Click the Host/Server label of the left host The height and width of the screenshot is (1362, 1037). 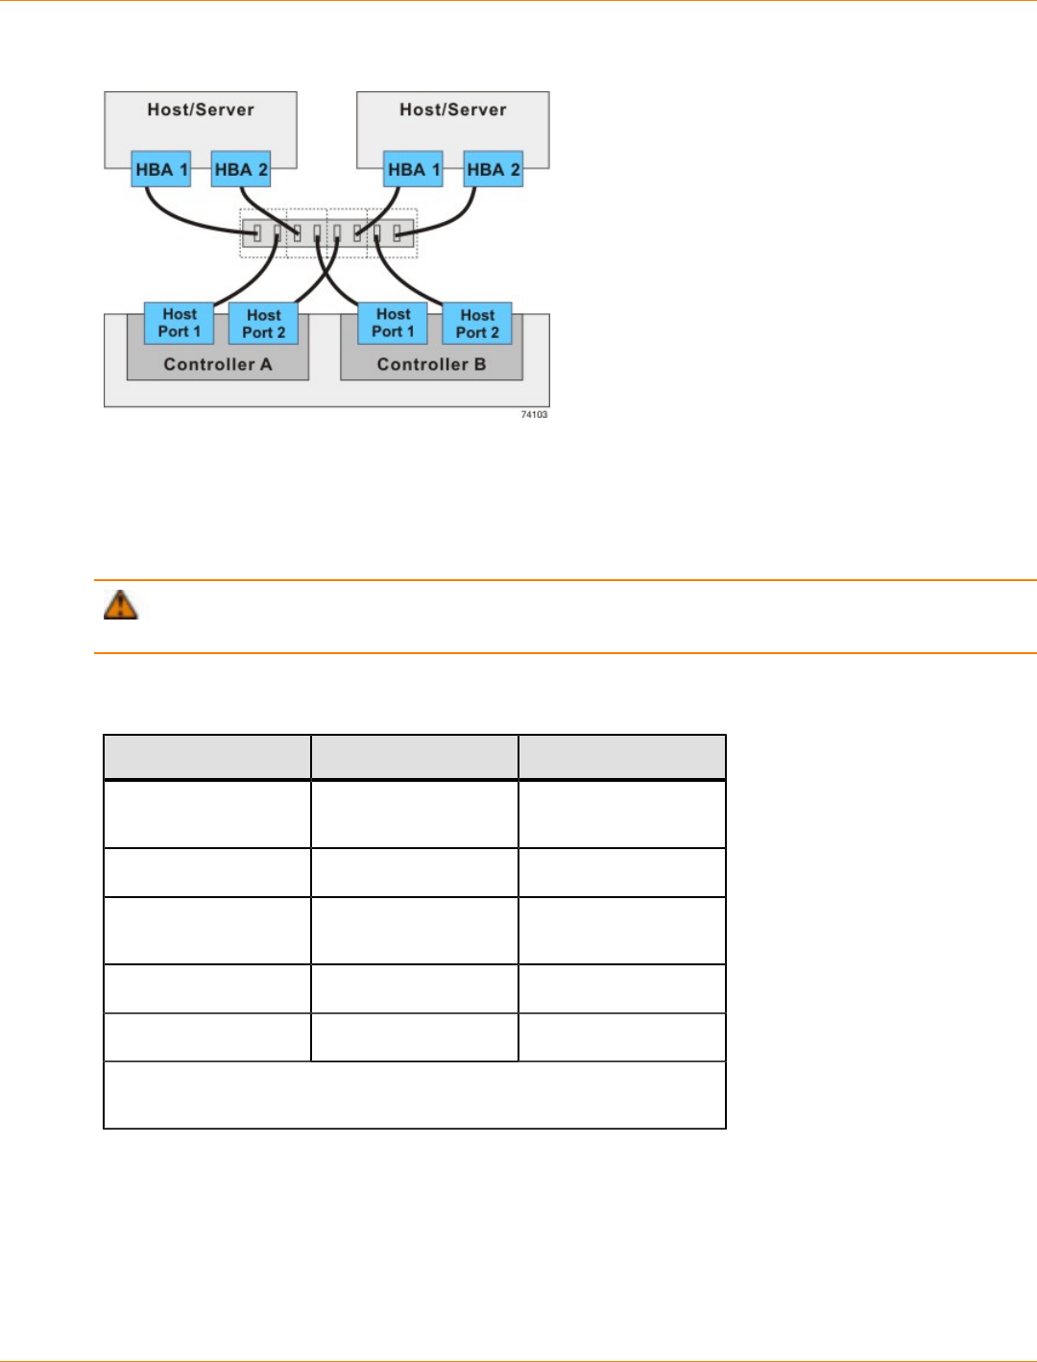pos(201,109)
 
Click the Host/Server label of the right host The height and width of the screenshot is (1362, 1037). pos(453,109)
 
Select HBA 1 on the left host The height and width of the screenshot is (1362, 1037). pos(161,170)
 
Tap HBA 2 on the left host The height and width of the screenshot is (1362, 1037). pos(241,170)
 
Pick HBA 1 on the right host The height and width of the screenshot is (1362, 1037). pos(414,170)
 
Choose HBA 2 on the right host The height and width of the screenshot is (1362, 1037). pos(494,170)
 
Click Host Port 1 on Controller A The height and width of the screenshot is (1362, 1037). pos(180,323)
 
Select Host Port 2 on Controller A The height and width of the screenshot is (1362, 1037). pos(264,324)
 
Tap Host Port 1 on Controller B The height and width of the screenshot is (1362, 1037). pos(394,323)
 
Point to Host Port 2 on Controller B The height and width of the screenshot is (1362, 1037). pos(477,324)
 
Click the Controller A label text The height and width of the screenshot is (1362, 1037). pos(218,365)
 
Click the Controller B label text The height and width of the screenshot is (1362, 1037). pos(431,365)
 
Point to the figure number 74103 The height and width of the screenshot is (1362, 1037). pos(534,415)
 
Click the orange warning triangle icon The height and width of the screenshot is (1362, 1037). pos(121,605)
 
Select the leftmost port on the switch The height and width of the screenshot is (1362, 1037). pos(256,232)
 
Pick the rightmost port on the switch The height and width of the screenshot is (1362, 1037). pos(397,232)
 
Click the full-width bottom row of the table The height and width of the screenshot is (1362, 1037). pos(415,1095)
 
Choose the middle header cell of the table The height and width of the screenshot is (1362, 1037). pos(415,757)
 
